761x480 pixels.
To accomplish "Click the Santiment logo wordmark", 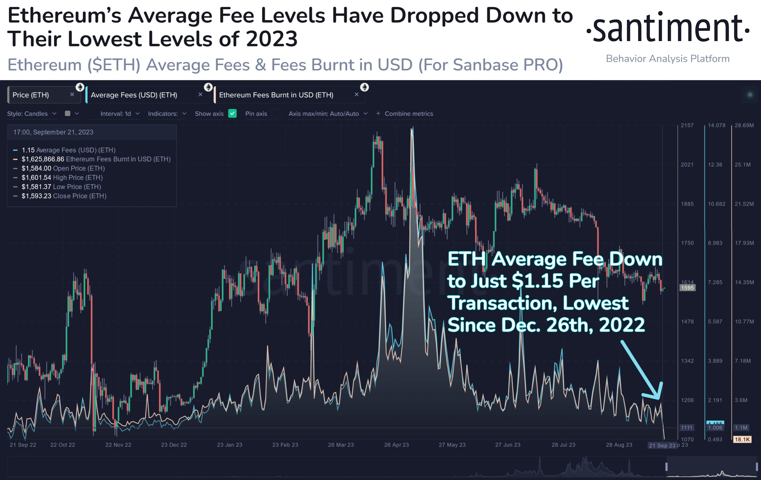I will click(x=667, y=29).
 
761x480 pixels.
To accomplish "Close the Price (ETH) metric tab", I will click(x=72, y=94).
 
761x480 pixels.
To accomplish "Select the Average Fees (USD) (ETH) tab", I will click(x=134, y=95).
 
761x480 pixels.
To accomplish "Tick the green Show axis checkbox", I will click(x=232, y=113).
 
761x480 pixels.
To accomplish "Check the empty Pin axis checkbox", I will click(x=276, y=113).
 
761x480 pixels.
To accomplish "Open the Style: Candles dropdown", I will click(x=32, y=114).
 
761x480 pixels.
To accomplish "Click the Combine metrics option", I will click(x=408, y=114).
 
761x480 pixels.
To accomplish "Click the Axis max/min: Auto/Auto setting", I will click(x=328, y=114).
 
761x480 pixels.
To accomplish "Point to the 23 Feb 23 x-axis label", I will click(x=285, y=445).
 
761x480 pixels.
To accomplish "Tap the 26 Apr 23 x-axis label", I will click(x=396, y=445).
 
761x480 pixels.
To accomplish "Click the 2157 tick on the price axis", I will click(x=687, y=125).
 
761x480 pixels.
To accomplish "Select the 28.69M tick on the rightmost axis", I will click(x=744, y=125).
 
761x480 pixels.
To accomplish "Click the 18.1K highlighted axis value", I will click(x=742, y=439).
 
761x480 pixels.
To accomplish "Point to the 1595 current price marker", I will click(x=687, y=288).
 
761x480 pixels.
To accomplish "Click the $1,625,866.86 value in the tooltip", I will click(x=43, y=159).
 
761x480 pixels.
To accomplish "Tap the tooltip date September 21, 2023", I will click(x=63, y=132).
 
